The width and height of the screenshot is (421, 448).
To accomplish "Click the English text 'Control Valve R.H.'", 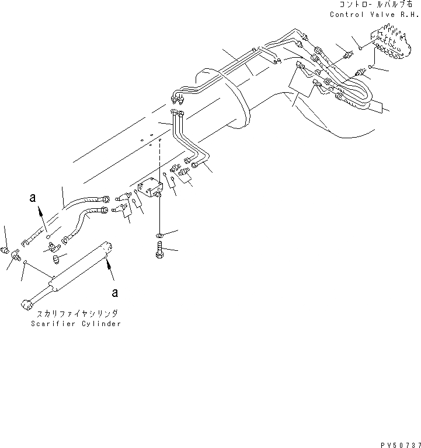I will (x=374, y=15).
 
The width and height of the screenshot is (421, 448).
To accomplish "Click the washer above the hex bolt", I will (x=159, y=235).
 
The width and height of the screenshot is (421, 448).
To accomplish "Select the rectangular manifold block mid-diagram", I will (x=149, y=190).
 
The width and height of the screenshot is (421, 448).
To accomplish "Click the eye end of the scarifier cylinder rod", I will (x=26, y=304).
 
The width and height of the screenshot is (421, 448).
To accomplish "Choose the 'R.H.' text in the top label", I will (x=410, y=15).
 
